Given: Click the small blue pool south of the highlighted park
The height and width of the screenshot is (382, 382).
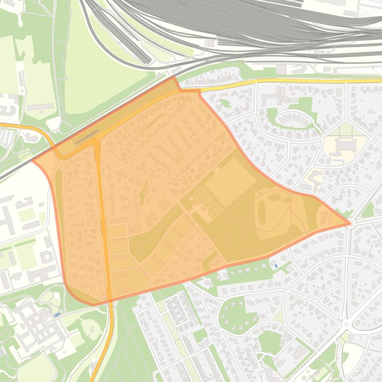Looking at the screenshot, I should point(275,265).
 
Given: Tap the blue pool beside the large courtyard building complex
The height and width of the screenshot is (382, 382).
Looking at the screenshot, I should point(58,315).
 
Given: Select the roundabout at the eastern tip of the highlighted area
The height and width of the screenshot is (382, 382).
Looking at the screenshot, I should point(350,223).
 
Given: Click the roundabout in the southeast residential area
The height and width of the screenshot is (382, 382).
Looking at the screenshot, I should point(345,324).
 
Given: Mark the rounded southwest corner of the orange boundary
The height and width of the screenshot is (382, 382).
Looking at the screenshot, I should point(74,295).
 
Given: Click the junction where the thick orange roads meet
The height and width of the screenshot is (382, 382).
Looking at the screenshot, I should point(96,142).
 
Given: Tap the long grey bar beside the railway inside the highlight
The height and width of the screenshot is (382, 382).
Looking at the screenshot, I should point(87,136).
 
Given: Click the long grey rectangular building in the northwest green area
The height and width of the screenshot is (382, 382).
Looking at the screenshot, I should point(40,107).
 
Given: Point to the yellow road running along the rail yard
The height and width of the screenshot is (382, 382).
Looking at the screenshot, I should point(298,80).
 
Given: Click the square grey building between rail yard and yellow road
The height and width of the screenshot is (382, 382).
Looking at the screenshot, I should point(281,69).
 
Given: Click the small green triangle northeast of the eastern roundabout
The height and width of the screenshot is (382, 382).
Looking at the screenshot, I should point(368,210).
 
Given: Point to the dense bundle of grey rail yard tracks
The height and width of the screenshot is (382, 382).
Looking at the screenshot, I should point(248,25).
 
